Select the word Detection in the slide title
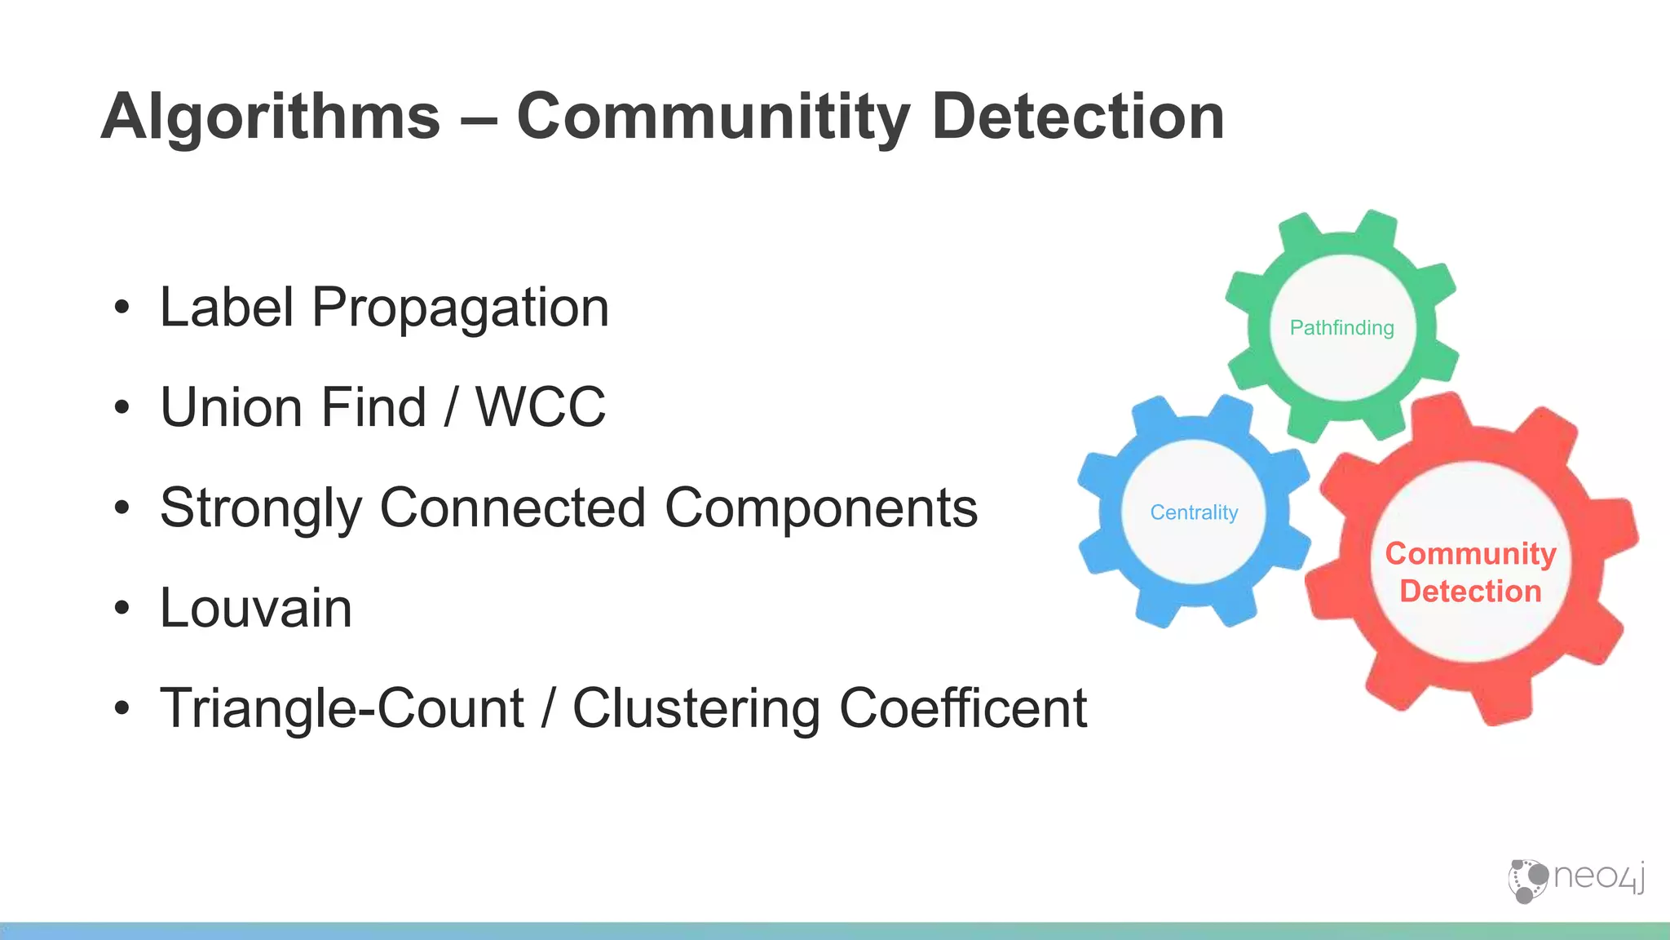coord(1077,117)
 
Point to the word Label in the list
coord(227,308)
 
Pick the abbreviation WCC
coord(541,407)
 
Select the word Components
coord(821,508)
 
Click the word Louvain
coord(256,608)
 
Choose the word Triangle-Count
coord(342,708)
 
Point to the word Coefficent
coord(963,708)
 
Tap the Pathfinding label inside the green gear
coord(1341,328)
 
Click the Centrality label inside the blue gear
coord(1194,512)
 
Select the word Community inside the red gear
coord(1470,554)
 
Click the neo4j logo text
coord(1598,878)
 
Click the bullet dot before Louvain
coord(122,608)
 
